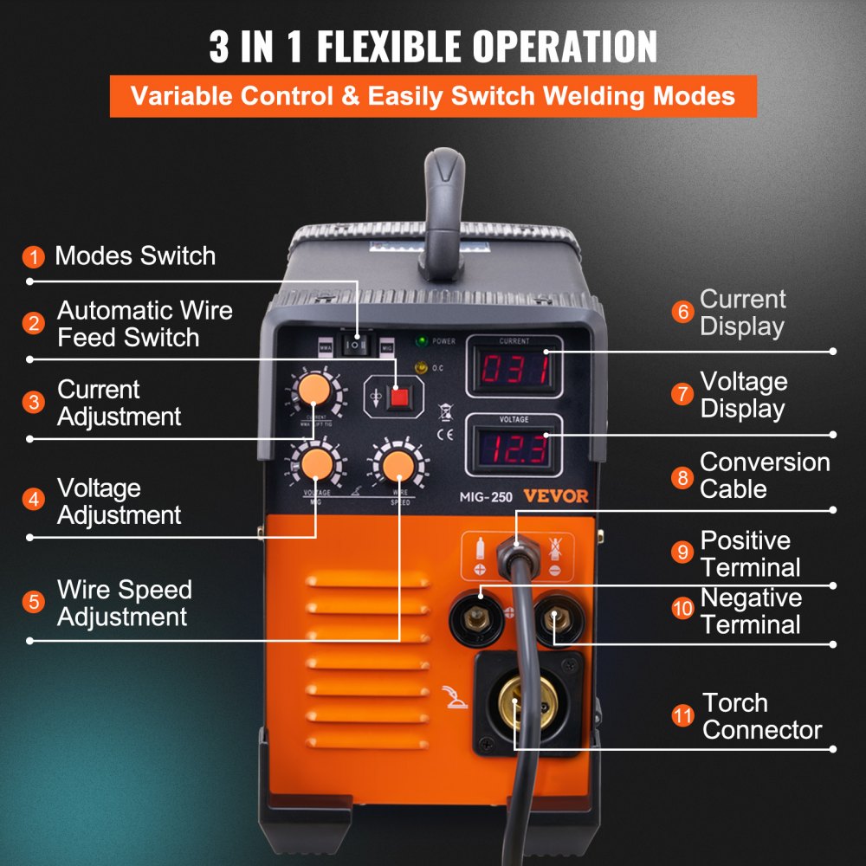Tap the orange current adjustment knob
coord(313,391)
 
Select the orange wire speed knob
coord(398,464)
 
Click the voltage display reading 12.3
coord(514,448)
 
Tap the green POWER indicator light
coord(422,341)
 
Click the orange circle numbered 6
coord(683,313)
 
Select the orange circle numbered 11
coord(683,716)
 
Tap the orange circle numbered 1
coord(34,257)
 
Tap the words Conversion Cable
coord(765,475)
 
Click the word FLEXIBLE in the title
coord(440,47)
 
